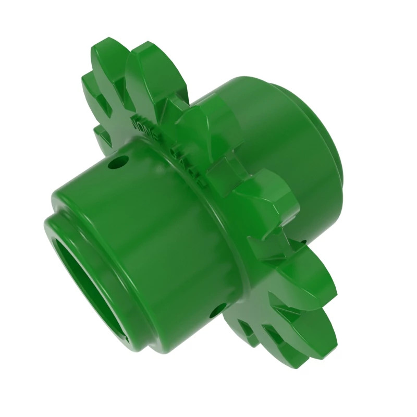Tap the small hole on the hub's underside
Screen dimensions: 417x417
(217, 310)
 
